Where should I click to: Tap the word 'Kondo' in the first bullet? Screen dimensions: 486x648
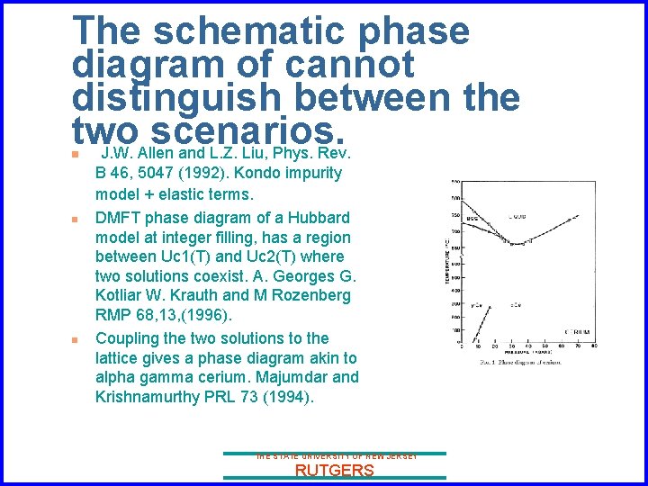coord(275,173)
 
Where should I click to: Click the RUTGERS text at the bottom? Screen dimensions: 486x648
coord(334,471)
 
